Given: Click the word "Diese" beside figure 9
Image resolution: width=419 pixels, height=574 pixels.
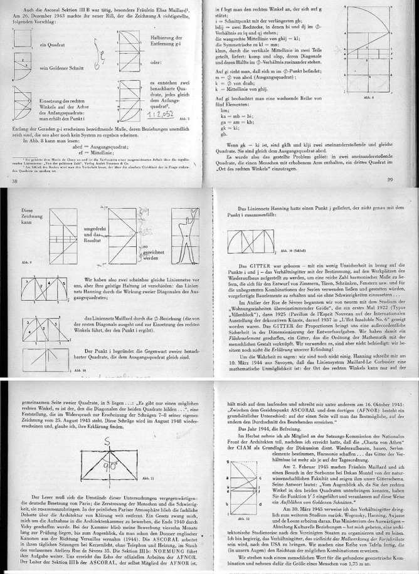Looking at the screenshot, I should tap(13, 192).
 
